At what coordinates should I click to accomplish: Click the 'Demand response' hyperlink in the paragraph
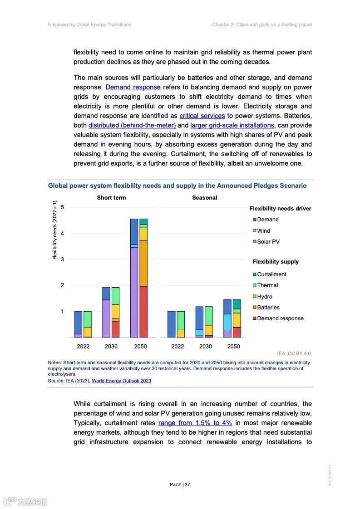coord(133,87)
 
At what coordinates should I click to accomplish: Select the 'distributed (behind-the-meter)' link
coord(132,125)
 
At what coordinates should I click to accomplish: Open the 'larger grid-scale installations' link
coord(232,125)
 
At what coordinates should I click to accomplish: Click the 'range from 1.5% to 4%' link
coord(195,423)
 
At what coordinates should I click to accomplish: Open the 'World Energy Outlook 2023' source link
coord(122,381)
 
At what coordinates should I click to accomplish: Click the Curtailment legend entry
coord(271,274)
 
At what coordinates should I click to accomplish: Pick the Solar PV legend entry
coord(268,242)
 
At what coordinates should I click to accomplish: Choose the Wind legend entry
coord(263,231)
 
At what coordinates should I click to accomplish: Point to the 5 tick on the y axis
coord(62,207)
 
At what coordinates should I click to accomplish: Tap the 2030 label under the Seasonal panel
coord(205,347)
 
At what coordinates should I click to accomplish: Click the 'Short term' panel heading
coord(111,198)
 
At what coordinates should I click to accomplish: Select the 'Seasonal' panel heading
coord(204,198)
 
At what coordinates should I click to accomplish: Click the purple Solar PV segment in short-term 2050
coord(134,290)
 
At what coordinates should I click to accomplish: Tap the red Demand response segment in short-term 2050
coord(143,312)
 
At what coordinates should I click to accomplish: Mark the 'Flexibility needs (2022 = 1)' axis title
coord(54,230)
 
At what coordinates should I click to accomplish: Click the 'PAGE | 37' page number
coord(180,485)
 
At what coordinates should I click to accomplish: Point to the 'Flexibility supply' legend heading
coord(276,262)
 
